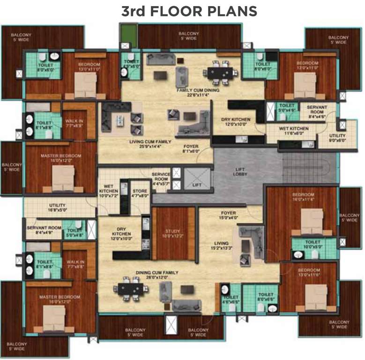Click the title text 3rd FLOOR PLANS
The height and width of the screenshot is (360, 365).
click(189, 11)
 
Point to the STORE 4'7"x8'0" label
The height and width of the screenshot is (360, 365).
click(140, 193)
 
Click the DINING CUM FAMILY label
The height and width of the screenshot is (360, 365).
click(156, 274)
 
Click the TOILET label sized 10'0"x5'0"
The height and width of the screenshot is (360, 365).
click(313, 243)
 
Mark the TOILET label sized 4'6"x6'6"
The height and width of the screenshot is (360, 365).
click(231, 300)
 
